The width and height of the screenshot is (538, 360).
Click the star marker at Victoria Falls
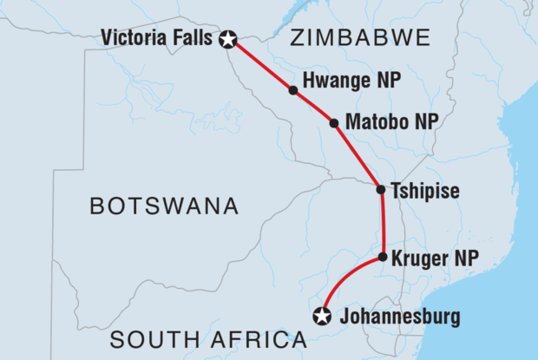[228, 38]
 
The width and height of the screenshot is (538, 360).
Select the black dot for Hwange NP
[293, 89]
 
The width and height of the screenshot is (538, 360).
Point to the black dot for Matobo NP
[334, 122]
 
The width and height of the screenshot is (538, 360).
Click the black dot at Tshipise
[381, 189]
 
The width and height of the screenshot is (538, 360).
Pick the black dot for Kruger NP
[383, 257]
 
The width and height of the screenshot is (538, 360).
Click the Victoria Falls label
[157, 38]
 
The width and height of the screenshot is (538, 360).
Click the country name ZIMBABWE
[362, 37]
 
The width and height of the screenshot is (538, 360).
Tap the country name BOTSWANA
[165, 206]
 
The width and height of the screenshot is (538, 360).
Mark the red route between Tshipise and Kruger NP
[382, 223]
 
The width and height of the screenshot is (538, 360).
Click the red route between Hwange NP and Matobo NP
[314, 106]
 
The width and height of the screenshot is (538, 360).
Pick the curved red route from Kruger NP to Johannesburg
[343, 276]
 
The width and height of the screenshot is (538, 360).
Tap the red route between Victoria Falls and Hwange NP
[261, 64]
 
